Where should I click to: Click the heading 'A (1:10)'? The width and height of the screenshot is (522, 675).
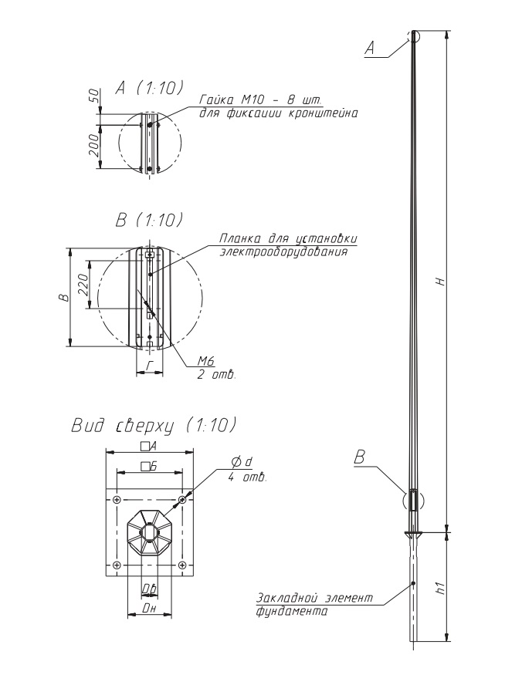(x=149, y=88)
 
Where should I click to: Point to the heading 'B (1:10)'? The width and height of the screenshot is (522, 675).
(x=149, y=220)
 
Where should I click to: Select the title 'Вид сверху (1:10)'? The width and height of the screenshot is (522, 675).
(x=154, y=425)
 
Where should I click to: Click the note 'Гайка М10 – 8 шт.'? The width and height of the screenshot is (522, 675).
(x=260, y=100)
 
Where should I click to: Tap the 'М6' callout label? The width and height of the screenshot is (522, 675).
(x=206, y=361)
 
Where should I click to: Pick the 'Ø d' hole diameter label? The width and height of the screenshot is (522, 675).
(x=242, y=463)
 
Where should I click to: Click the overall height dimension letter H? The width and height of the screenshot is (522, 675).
(x=439, y=282)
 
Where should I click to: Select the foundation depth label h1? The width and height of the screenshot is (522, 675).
(x=439, y=587)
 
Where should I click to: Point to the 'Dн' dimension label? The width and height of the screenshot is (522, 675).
(x=149, y=609)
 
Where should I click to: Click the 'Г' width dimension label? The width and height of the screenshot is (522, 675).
(x=150, y=366)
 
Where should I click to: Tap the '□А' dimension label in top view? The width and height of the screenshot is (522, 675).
(x=148, y=447)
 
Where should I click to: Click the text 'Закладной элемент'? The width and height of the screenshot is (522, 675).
(x=314, y=598)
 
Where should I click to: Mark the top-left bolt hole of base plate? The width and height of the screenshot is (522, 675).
(x=117, y=500)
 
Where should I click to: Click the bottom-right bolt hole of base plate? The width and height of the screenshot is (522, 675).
(x=182, y=565)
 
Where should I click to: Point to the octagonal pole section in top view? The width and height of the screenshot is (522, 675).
(x=149, y=532)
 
